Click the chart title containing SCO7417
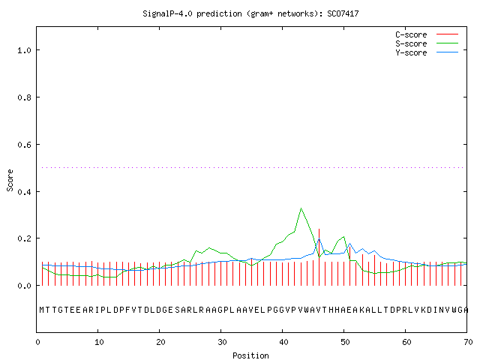tap(250, 13)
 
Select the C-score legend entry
tap(427, 34)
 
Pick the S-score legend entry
tap(427, 43)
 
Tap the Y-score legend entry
tap(427, 52)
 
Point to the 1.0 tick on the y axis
tap(25, 50)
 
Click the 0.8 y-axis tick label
tap(25, 97)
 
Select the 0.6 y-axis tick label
tap(25, 145)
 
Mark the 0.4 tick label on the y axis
tap(25, 192)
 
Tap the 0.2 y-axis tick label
tap(25, 238)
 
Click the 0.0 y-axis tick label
tap(25, 286)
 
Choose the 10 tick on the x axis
tap(99, 342)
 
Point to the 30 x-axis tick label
tap(222, 342)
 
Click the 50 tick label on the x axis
tap(345, 342)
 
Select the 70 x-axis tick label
tap(468, 342)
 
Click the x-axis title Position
tap(250, 355)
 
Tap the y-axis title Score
tap(10, 180)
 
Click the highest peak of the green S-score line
tap(301, 208)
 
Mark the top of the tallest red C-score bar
tap(319, 229)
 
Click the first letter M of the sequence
tap(42, 310)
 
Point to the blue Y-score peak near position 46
tap(319, 238)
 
